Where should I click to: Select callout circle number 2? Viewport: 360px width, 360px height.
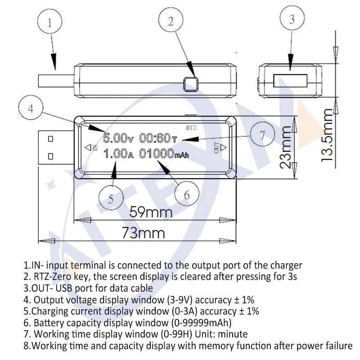point(170,21)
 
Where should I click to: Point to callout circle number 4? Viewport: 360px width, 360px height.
point(31,108)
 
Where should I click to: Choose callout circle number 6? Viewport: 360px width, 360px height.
point(187,194)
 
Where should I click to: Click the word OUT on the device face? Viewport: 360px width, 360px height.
point(216,147)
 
